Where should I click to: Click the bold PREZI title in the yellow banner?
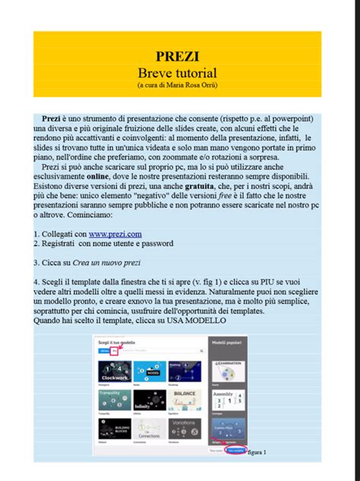[x=178, y=55]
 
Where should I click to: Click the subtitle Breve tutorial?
[x=178, y=73]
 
